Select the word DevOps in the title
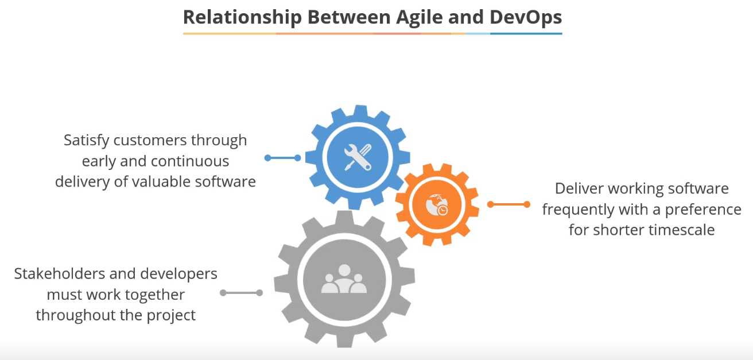pos(526,17)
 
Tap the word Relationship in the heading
pos(242,17)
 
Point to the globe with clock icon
pos(437,205)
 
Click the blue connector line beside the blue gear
pos(282,157)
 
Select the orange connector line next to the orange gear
pos(509,204)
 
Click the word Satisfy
pos(87,140)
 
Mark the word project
pos(173,315)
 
